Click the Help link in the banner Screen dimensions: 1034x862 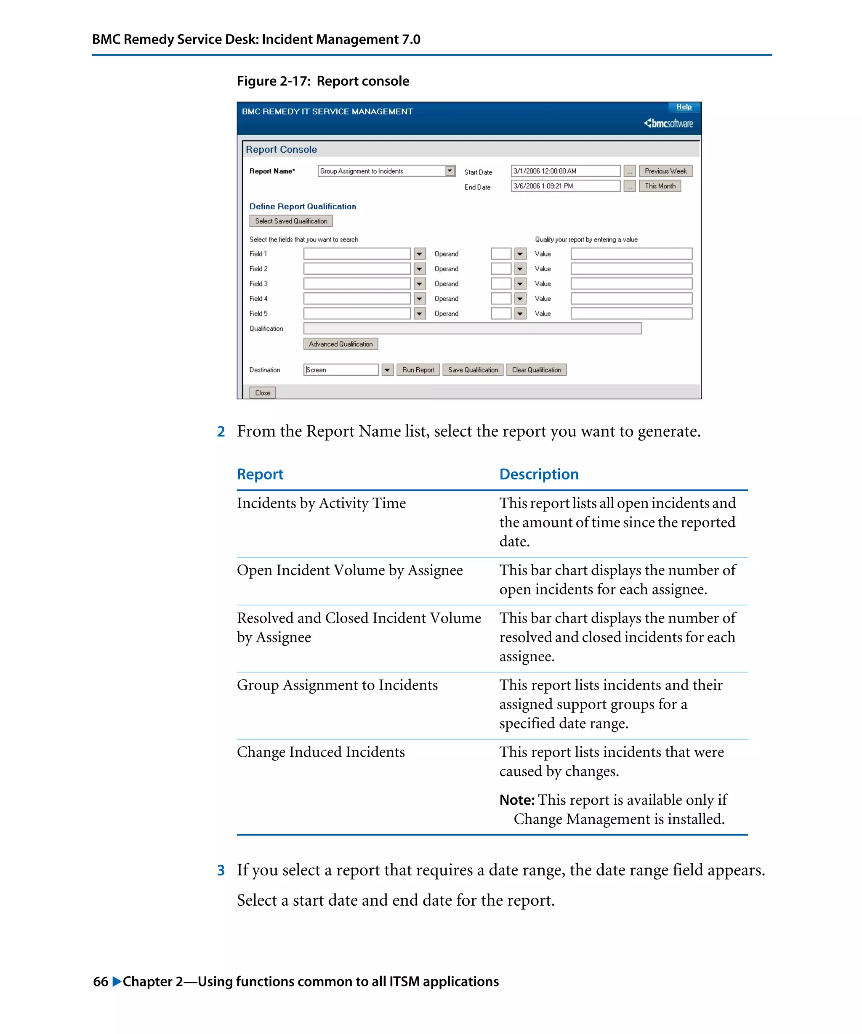point(683,107)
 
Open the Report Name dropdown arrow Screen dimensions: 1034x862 point(449,171)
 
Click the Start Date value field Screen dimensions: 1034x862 point(565,171)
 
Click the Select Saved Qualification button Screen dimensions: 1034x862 point(290,221)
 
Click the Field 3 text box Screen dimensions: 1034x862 point(357,284)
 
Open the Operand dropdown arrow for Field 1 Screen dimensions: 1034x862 point(520,254)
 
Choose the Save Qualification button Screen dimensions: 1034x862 point(472,370)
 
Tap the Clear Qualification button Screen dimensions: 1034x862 point(536,370)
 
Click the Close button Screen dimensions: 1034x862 point(262,392)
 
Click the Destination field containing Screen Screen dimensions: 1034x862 point(341,370)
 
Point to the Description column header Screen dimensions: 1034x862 point(538,474)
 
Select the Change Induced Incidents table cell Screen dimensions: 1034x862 point(321,752)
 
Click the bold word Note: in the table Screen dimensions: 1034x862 point(517,800)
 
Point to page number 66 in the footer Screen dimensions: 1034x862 point(101,981)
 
